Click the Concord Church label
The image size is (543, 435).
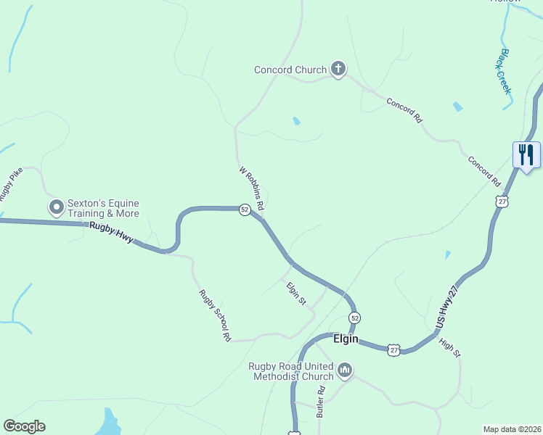[x=290, y=70]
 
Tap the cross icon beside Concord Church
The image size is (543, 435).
[x=338, y=70]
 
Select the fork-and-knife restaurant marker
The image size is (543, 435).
[x=526, y=155]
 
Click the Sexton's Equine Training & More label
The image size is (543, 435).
[x=103, y=209]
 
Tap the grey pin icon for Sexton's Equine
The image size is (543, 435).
[x=56, y=208]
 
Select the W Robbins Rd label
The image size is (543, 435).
[x=251, y=189]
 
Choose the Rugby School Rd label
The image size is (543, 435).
[x=216, y=315]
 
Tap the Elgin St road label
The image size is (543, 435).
[x=295, y=293]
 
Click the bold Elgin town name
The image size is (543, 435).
[x=347, y=339]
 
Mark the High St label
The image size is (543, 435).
[x=450, y=347]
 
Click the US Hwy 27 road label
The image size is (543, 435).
[x=449, y=305]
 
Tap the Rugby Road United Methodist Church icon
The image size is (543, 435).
[x=345, y=370]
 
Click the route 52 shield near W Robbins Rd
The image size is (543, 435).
[x=245, y=210]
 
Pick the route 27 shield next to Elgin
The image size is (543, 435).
[x=393, y=349]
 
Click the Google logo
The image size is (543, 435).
[x=24, y=426]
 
